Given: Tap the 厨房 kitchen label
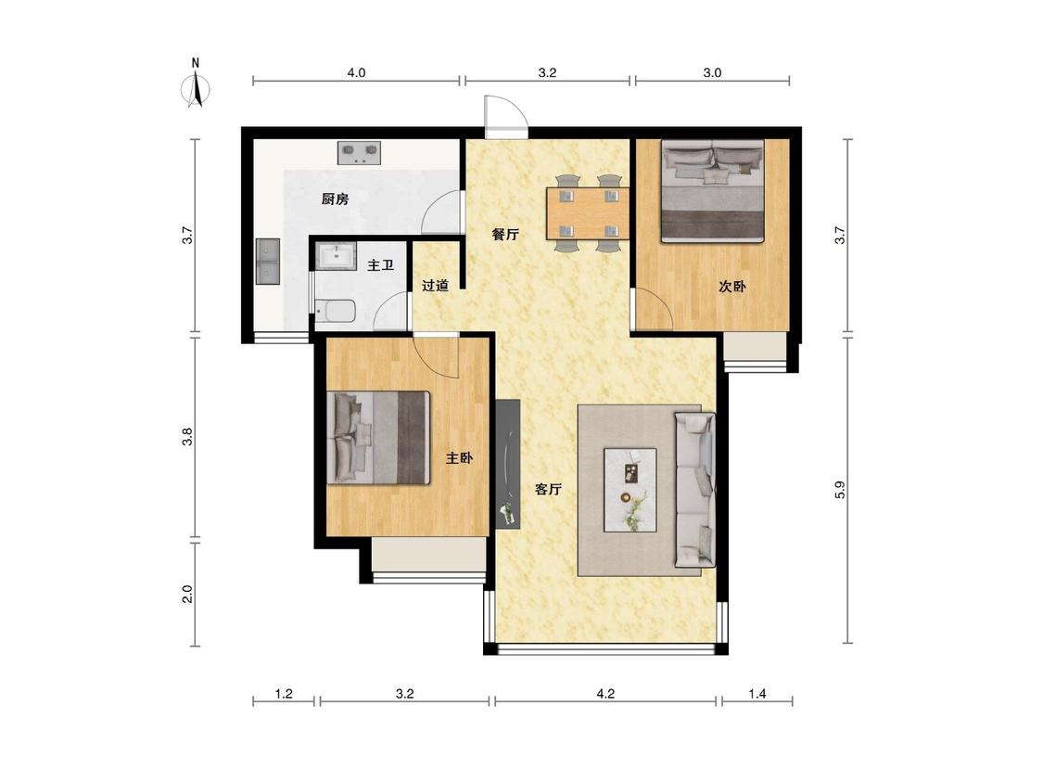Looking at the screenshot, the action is click(x=335, y=199).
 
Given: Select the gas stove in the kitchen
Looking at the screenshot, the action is click(x=360, y=153).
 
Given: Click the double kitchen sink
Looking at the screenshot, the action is click(x=269, y=262).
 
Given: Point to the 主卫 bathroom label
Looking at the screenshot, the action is click(x=380, y=265).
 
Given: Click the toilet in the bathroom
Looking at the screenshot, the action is click(x=335, y=312).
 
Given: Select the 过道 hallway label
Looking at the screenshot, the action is click(x=435, y=286).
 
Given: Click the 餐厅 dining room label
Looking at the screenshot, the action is click(x=505, y=235).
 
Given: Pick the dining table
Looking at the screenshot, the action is click(x=588, y=213).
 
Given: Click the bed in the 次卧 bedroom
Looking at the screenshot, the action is click(x=712, y=191).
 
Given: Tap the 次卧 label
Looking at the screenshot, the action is click(x=731, y=287).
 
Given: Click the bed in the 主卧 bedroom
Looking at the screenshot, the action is click(x=378, y=438).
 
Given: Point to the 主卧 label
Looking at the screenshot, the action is click(x=459, y=458).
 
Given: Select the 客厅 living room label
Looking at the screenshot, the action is click(x=549, y=490).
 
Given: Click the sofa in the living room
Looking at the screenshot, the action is click(x=695, y=490).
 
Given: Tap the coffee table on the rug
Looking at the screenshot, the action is click(x=630, y=490).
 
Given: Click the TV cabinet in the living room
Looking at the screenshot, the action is click(x=507, y=464).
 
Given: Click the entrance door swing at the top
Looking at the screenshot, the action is click(x=506, y=117).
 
